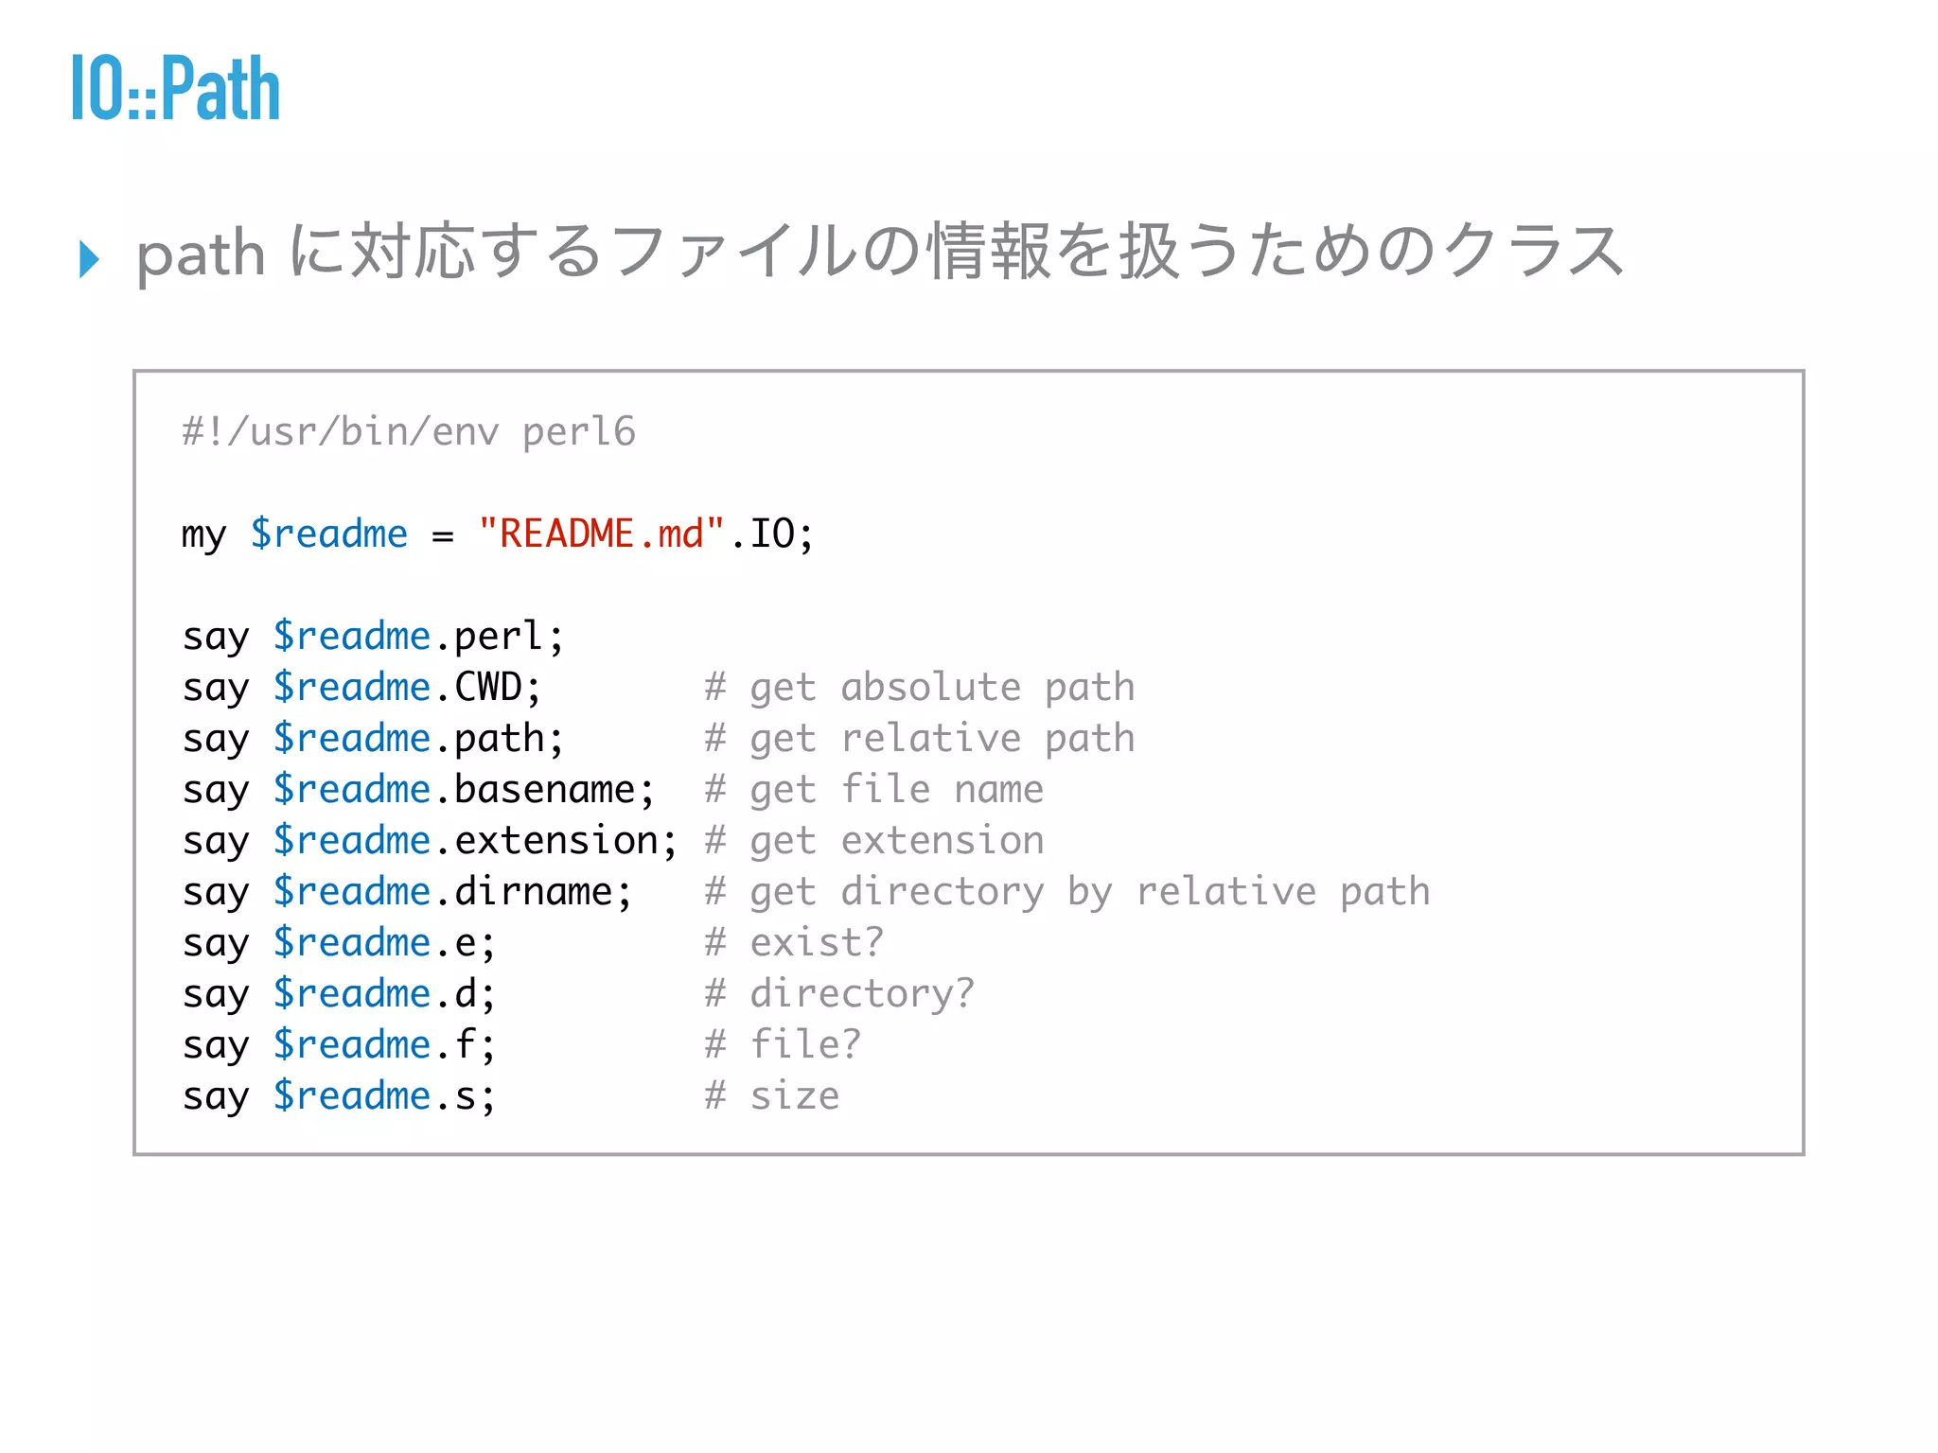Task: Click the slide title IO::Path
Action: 176,89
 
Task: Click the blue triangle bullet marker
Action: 90,258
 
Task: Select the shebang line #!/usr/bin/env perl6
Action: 409,431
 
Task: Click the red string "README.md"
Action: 601,534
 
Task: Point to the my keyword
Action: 203,535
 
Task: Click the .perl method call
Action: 499,636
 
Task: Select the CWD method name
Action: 488,687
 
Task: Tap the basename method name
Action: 544,789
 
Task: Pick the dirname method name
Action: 533,891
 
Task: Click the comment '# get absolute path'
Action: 919,687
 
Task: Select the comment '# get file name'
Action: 873,789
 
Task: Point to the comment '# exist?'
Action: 794,942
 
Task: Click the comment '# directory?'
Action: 839,993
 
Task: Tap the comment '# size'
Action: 771,1095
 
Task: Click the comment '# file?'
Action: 783,1044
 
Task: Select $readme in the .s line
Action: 352,1095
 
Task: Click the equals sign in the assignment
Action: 442,535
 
